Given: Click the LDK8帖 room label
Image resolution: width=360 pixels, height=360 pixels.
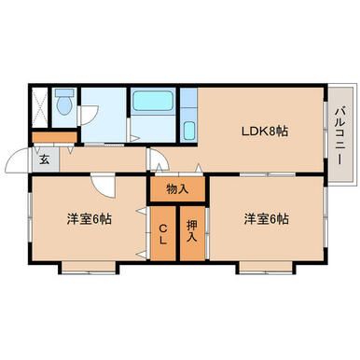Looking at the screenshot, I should [x=266, y=130].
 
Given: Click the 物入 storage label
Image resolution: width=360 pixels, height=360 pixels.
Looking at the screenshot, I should [x=177, y=188].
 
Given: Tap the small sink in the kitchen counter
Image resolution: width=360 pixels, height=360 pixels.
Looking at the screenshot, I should [x=187, y=130].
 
